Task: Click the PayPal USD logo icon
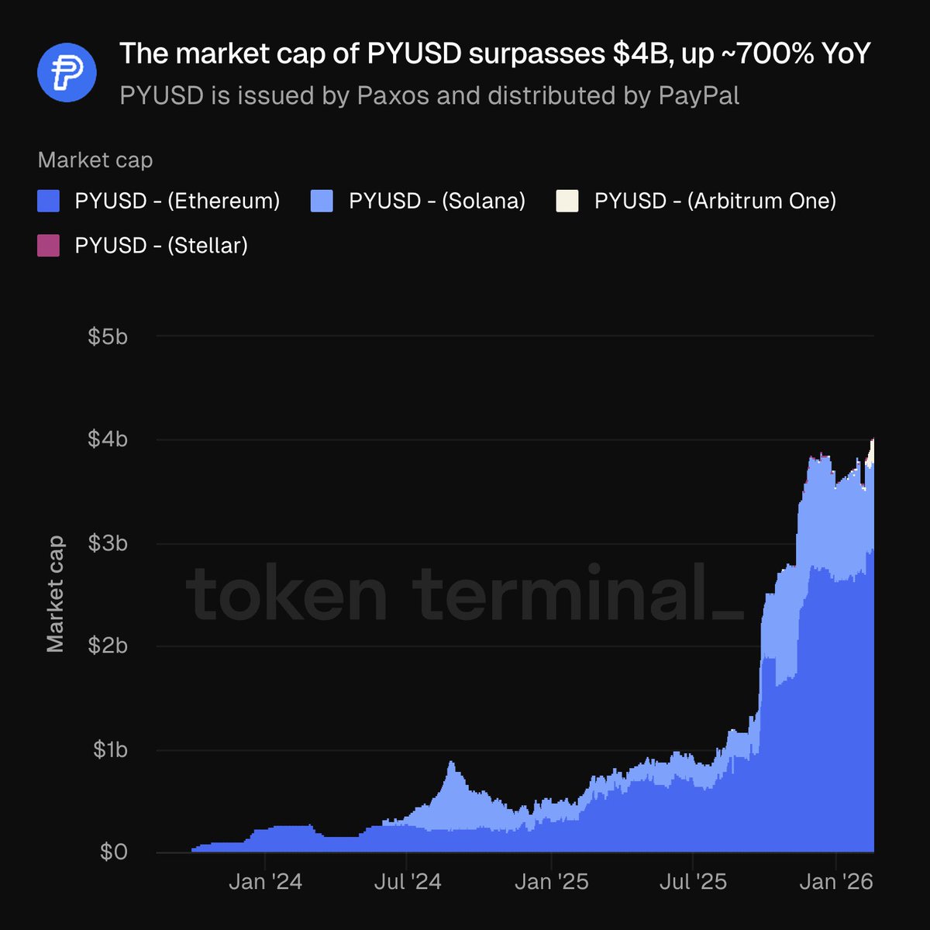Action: pyautogui.click(x=67, y=72)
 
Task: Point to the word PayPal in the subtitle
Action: pyautogui.click(x=698, y=96)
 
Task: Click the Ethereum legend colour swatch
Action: pyautogui.click(x=49, y=201)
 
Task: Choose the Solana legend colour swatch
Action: pyautogui.click(x=322, y=201)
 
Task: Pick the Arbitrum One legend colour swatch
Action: pyautogui.click(x=567, y=201)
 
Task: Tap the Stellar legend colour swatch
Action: pyautogui.click(x=49, y=246)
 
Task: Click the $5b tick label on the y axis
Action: pyautogui.click(x=108, y=336)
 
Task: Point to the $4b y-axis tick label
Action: pyautogui.click(x=108, y=439)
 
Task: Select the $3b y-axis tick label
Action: pyautogui.click(x=108, y=543)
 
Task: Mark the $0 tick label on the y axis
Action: pyautogui.click(x=113, y=852)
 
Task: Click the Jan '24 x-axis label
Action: pyautogui.click(x=266, y=882)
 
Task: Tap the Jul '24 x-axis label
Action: pyautogui.click(x=407, y=882)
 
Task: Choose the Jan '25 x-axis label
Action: pyautogui.click(x=552, y=882)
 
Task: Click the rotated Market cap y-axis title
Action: pyautogui.click(x=55, y=594)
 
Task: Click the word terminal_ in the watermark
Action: pyautogui.click(x=577, y=595)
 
